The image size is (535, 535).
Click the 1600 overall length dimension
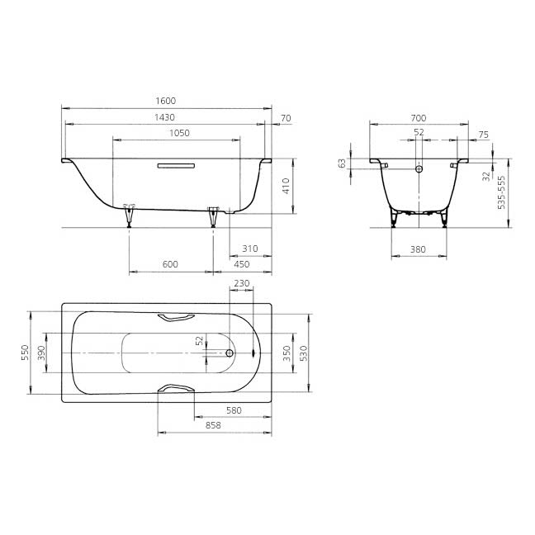point(166,101)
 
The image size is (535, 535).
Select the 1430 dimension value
point(165,117)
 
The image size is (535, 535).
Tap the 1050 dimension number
point(179,133)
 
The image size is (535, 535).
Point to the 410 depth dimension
point(286,186)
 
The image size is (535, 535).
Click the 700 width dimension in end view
point(419,118)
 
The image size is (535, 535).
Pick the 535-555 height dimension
point(501,192)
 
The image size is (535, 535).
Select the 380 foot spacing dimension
point(418,249)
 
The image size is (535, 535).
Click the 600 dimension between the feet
point(170,264)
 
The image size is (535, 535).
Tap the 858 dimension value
point(213,425)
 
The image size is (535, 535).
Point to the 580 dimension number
point(234,410)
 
